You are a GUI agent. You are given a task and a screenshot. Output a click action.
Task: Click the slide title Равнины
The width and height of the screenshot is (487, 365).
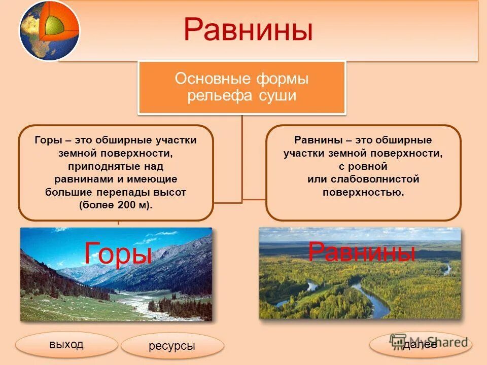(248, 29)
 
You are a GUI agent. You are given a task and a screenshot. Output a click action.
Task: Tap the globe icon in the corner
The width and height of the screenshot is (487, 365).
(49, 30)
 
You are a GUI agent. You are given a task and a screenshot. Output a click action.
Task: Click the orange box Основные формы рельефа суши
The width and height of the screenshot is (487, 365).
(241, 88)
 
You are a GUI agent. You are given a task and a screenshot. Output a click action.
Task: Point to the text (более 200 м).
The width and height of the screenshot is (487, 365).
(116, 205)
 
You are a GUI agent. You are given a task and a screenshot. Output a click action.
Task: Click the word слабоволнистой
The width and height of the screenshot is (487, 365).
(375, 179)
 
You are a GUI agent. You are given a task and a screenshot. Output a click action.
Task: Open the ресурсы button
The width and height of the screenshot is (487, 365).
(172, 345)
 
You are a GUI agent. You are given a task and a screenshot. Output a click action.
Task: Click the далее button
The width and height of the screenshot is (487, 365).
(420, 345)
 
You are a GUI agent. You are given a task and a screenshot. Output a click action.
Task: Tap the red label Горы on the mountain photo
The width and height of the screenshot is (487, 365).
(118, 253)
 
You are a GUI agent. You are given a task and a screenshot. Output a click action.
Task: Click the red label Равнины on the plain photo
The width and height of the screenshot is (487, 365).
(362, 251)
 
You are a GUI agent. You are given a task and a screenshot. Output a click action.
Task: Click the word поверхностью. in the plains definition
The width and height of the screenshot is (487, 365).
(363, 193)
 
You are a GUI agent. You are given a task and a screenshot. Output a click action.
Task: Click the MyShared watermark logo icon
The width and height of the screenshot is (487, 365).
(398, 341)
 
